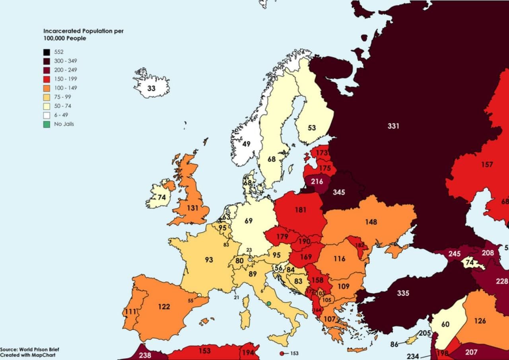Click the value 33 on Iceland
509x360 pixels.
click(151, 88)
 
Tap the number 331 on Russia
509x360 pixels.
click(393, 126)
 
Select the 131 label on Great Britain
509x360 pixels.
click(192, 208)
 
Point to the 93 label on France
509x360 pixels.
click(209, 260)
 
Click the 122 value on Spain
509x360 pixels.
click(164, 306)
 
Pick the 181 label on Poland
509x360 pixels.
click(301, 210)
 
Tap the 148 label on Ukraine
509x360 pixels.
click(371, 222)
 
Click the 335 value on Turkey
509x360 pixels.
click(403, 294)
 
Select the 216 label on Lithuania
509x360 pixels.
click(317, 182)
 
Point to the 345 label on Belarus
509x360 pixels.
click(339, 193)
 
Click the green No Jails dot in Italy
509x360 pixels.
click(269, 304)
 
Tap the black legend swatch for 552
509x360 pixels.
click(47, 52)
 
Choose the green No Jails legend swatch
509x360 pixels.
click(47, 124)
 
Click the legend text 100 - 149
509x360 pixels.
click(66, 88)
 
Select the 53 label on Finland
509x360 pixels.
click(311, 128)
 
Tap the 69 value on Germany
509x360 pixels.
click(249, 220)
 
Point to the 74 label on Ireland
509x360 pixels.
click(161, 197)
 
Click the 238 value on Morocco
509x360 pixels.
click(145, 355)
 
